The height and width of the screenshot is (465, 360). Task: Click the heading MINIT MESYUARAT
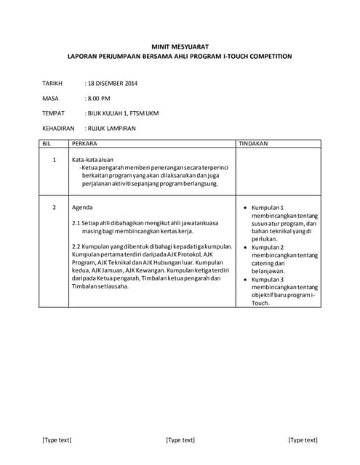(180, 45)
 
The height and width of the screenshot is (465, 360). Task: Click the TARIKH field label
(53, 84)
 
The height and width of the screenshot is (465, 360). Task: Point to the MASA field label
(50, 98)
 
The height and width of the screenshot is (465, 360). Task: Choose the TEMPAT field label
(54, 113)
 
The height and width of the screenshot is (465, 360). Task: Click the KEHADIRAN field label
(58, 129)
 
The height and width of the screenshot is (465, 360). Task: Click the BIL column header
(47, 144)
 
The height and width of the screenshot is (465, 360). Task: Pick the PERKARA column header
(84, 144)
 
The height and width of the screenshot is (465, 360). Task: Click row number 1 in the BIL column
(54, 159)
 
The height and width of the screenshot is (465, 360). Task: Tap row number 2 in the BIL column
(54, 208)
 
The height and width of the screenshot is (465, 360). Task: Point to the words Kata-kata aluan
(92, 159)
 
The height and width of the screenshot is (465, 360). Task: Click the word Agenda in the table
(83, 208)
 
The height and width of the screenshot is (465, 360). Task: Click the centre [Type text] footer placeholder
(180, 440)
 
